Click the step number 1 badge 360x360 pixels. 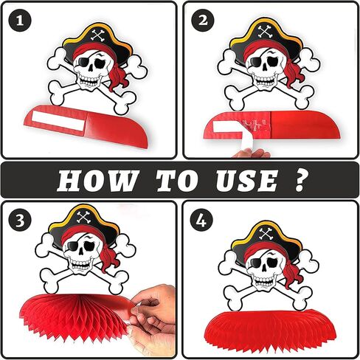click(20, 21)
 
